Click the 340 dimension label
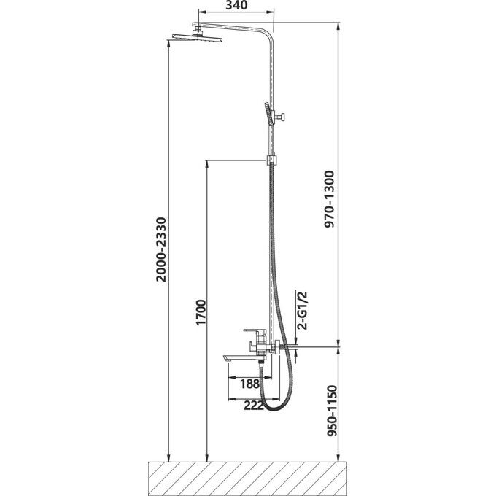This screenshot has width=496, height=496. coord(236,5)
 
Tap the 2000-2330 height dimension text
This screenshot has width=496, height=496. coord(161,249)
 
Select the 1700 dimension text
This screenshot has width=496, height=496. coord(201,312)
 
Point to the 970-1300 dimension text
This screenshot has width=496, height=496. coord(329,199)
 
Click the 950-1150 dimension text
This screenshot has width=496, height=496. coord(332,411)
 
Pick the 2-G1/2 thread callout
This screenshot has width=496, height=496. coord(303,310)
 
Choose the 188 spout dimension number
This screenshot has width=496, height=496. coord(249,384)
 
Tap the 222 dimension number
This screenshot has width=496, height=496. coord(254,406)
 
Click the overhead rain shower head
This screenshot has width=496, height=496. coord(198,37)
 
